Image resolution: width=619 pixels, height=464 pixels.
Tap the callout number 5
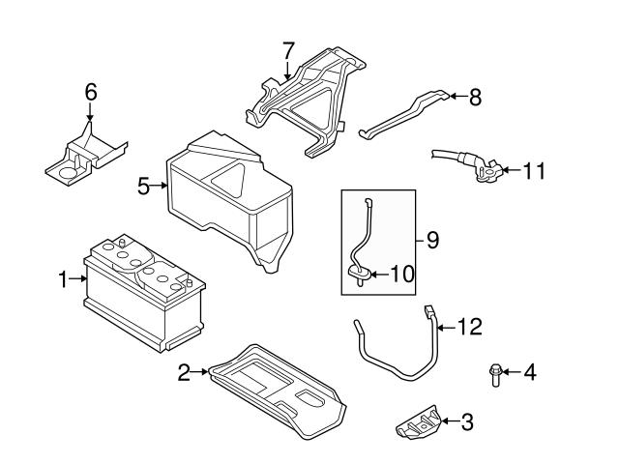coord(143,185)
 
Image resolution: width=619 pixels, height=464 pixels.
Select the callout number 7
coord(287,48)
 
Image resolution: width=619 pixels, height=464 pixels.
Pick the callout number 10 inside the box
coord(401,274)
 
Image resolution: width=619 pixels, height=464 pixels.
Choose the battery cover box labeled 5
coord(227,198)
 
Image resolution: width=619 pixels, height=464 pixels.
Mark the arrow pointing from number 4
coord(513,371)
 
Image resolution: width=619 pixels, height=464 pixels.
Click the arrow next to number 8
coord(457,97)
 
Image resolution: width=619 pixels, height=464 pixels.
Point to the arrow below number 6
coord(90,114)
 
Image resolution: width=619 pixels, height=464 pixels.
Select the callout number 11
coord(534,172)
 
